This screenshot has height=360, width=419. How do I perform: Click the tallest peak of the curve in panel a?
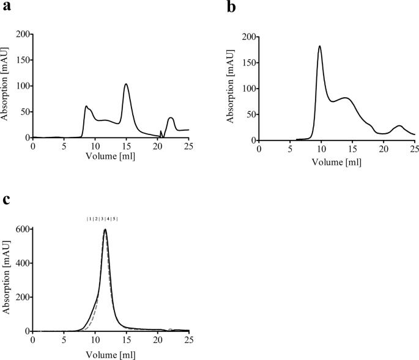[x=126, y=84]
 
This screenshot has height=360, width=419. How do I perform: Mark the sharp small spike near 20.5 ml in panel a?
[x=161, y=131]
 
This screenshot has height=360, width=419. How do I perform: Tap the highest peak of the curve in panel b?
[x=319, y=46]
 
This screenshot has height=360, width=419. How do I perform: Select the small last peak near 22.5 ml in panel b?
[x=399, y=126]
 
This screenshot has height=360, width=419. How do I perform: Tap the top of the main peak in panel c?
[x=105, y=230]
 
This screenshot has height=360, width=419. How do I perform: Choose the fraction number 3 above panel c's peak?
[x=102, y=219]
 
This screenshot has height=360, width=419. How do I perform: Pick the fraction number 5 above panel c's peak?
[x=114, y=219]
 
